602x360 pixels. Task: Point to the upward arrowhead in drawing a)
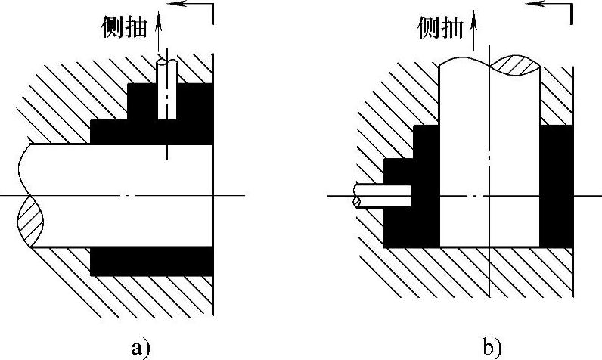pos(158,20)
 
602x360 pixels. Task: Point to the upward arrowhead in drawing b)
pos(474,19)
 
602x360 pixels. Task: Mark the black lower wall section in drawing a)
pos(151,261)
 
